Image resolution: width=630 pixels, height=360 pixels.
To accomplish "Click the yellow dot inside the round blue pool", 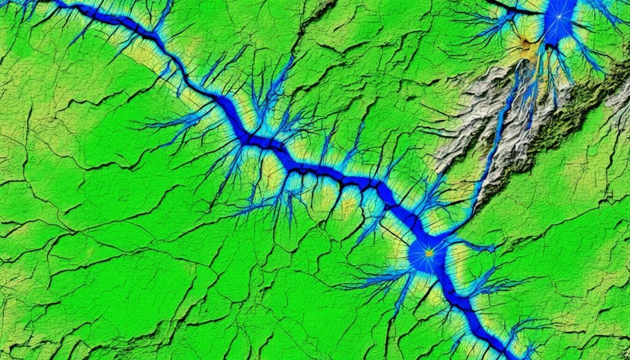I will coord(429,252).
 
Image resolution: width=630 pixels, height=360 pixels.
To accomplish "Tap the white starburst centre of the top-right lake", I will coord(560,18).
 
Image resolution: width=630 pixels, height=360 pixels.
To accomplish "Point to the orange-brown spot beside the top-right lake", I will coord(524,42).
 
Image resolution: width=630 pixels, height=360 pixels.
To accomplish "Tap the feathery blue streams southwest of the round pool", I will coord(375,283).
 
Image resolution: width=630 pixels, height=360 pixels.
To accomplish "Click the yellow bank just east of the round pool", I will coord(455,258).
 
